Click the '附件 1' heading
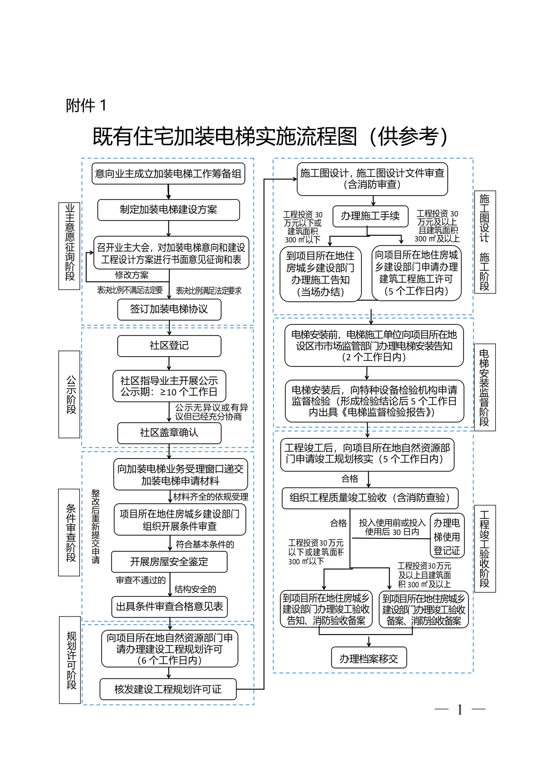click(x=86, y=106)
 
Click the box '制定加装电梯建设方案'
click(x=169, y=210)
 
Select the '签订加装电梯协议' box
click(x=169, y=309)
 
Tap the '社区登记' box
click(x=169, y=346)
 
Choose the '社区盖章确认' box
click(x=169, y=433)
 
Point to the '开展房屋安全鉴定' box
click(x=169, y=562)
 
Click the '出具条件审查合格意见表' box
click(x=169, y=606)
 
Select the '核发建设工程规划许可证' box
click(x=168, y=689)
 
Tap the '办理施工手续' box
click(x=370, y=216)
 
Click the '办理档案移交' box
click(x=369, y=659)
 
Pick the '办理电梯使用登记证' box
click(x=447, y=537)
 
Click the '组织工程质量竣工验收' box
click(x=370, y=498)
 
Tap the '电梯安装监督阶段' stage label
click(x=484, y=387)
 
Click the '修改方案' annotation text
click(x=131, y=275)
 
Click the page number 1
click(x=460, y=710)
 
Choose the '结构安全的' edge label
click(x=195, y=589)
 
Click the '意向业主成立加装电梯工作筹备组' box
click(x=168, y=174)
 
